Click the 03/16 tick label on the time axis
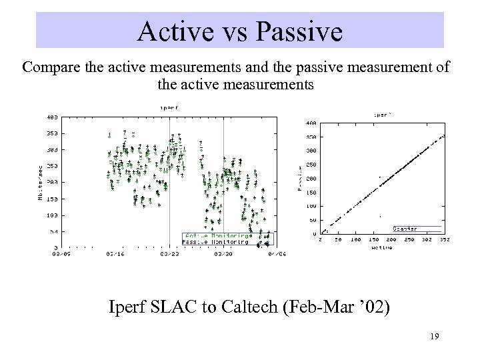[x=115, y=253]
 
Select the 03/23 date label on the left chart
[x=169, y=253]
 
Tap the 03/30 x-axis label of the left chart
[x=223, y=253]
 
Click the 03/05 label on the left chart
[x=61, y=253]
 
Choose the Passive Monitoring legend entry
[x=215, y=241]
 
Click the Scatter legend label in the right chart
[x=405, y=229]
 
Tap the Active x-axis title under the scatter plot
[x=381, y=247]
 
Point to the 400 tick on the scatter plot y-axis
[x=311, y=123]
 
